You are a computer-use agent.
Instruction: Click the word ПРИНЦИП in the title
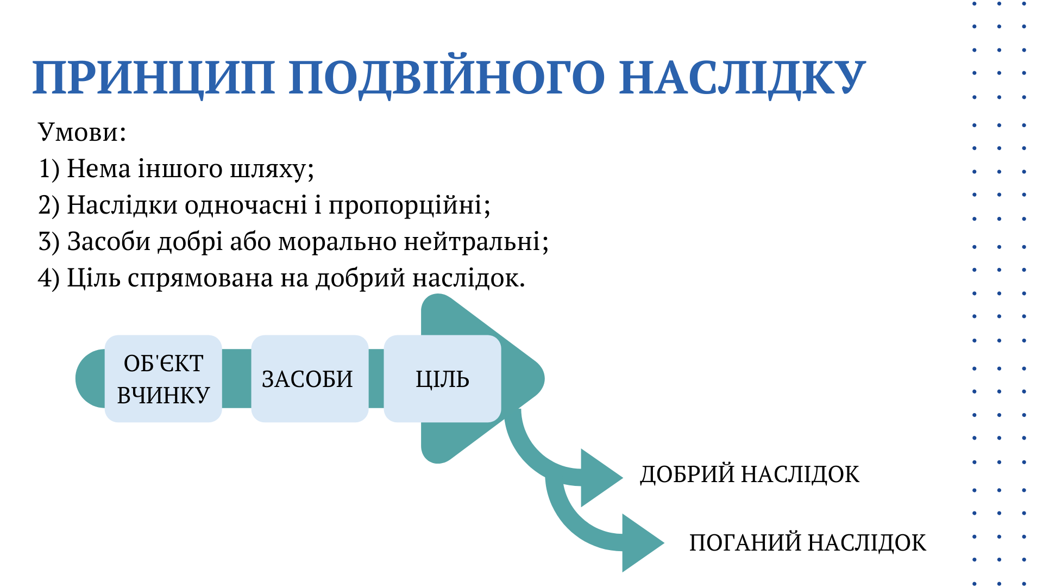tap(154, 77)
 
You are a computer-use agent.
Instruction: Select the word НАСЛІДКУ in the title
tap(742, 78)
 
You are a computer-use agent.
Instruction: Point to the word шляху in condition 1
tap(268, 169)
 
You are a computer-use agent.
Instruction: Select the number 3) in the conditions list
tap(49, 242)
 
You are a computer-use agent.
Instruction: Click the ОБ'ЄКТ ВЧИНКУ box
tap(163, 379)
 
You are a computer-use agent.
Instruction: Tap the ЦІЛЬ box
tap(442, 379)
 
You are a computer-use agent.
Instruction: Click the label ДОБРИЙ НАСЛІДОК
tap(750, 474)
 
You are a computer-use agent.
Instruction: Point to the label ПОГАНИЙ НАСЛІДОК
tap(808, 543)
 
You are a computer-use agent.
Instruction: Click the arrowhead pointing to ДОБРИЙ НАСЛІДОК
tap(601, 478)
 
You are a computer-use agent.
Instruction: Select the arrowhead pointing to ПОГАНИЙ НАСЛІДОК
tap(643, 542)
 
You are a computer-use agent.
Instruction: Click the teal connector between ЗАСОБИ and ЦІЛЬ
tap(376, 379)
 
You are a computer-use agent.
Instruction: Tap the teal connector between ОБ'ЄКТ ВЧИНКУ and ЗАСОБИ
tap(236, 379)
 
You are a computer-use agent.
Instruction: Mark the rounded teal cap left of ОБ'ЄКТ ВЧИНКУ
tap(90, 379)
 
